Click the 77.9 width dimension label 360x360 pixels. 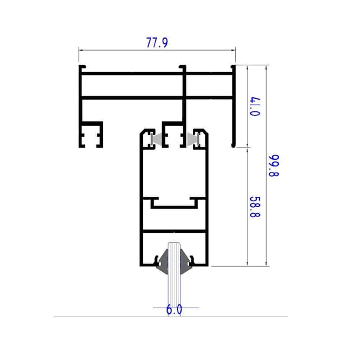click(x=157, y=43)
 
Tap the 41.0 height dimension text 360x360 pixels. click(x=255, y=106)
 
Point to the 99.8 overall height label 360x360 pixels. click(x=274, y=166)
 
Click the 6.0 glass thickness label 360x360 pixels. click(x=174, y=309)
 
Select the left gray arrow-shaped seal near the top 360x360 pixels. click(x=157, y=139)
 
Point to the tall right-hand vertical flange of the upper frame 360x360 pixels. click(x=233, y=107)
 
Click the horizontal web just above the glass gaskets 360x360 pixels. click(x=174, y=231)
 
